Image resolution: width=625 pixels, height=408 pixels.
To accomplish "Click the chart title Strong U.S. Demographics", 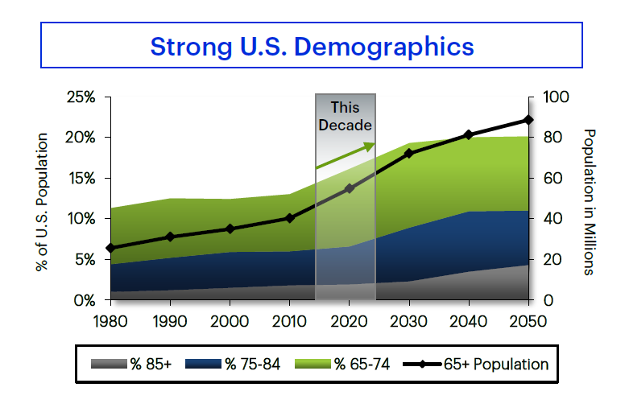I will pyautogui.click(x=312, y=46).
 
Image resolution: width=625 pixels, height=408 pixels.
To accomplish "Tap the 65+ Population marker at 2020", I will pyautogui.click(x=349, y=188).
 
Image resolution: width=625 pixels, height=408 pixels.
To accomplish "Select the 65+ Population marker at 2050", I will pyautogui.click(x=528, y=120).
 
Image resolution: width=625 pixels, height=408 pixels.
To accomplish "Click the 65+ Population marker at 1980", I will pyautogui.click(x=110, y=248).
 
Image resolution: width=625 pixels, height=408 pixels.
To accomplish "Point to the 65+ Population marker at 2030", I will pyautogui.click(x=408, y=153).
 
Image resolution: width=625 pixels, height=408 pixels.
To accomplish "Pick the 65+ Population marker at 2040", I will pyautogui.click(x=469, y=134).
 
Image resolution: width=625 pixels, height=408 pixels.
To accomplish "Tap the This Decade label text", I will pyautogui.click(x=346, y=117).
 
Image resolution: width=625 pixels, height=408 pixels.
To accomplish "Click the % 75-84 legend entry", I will pyautogui.click(x=233, y=365).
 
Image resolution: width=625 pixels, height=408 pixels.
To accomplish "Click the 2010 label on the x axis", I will pyautogui.click(x=289, y=320).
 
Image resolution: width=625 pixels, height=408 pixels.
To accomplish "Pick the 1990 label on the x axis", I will pyautogui.click(x=170, y=320).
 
